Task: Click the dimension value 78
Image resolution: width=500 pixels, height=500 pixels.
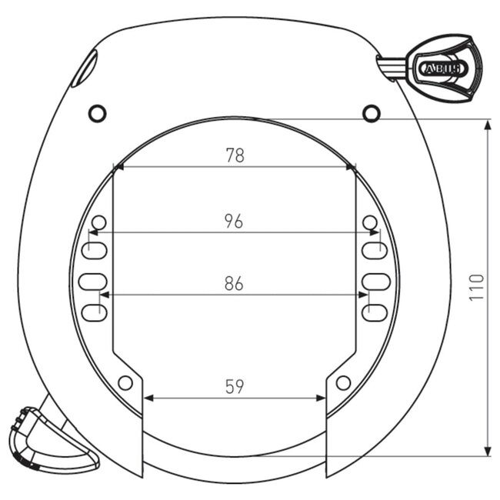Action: [x=235, y=155]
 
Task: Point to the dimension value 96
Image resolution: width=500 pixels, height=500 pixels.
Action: [x=234, y=221]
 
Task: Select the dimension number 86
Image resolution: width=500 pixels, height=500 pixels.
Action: [x=234, y=284]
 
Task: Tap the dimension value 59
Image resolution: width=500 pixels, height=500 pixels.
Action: [x=235, y=387]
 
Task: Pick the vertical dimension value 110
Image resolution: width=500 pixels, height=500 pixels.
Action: [x=476, y=287]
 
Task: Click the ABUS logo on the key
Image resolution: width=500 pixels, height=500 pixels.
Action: [x=443, y=69]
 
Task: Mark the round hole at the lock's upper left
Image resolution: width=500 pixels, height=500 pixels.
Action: [x=97, y=113]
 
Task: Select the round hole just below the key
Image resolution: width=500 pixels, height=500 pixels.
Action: [x=372, y=113]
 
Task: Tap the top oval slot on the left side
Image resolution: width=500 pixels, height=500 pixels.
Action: [x=92, y=250]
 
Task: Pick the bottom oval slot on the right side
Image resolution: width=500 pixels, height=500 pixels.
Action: [x=375, y=312]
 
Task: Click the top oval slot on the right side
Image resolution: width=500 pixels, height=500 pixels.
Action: [x=375, y=250]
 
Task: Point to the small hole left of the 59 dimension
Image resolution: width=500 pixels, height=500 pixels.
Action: [x=125, y=382]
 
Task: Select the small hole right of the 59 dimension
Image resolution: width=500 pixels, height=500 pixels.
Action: [x=343, y=382]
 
